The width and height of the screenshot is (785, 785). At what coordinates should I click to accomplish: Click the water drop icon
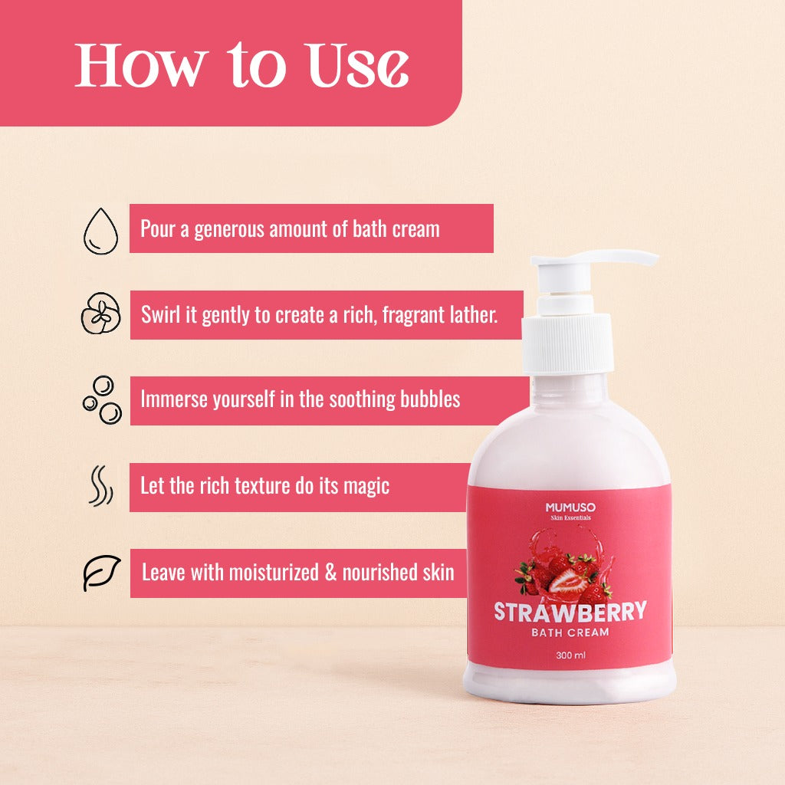coord(100,229)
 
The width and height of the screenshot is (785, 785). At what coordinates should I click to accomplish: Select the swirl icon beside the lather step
coord(100,315)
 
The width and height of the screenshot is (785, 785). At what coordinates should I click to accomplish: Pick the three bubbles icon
coord(102,400)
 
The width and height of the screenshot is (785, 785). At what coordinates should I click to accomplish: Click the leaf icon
coord(102,573)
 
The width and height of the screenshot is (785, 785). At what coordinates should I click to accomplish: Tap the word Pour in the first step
coord(158,229)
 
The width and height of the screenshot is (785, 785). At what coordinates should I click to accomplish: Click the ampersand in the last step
coord(330,572)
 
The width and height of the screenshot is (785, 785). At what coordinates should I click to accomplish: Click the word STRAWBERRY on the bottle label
coord(570,612)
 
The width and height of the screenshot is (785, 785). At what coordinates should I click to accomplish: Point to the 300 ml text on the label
coord(570,655)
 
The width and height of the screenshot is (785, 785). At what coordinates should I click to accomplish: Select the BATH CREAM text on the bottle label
coord(570,632)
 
